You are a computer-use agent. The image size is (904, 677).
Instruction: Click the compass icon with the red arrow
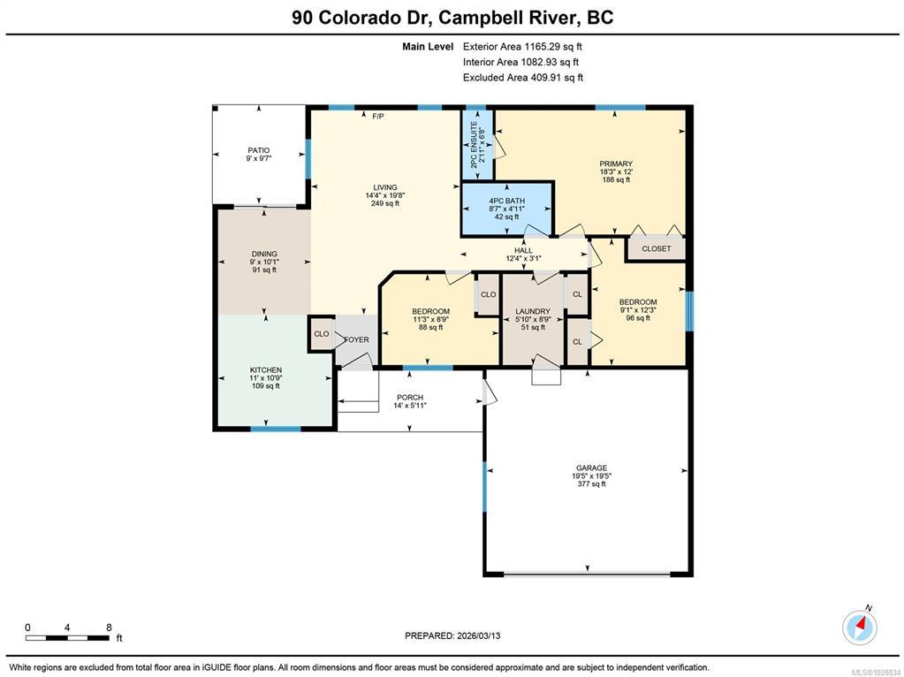point(860,628)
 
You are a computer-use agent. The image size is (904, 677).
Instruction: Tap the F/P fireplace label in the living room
point(378,117)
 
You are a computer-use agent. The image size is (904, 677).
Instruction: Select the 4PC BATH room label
point(506,201)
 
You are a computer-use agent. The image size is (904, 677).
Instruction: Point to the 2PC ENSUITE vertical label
point(474,144)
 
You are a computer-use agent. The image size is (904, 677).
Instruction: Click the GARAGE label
point(591,468)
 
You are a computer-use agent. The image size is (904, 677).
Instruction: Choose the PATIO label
point(259,150)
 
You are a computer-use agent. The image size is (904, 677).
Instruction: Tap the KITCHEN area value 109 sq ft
point(266,386)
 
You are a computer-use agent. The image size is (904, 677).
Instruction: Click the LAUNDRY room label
point(533,311)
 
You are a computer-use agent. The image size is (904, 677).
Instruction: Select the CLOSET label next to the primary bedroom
point(656,248)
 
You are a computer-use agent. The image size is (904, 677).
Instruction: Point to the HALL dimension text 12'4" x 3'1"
point(523,258)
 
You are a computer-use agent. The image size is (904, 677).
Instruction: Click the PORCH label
point(410,398)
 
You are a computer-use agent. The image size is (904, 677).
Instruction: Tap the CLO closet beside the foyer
point(321,334)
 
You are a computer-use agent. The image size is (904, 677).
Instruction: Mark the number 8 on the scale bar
point(109,628)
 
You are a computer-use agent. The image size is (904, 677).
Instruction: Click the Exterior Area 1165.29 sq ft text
point(519,47)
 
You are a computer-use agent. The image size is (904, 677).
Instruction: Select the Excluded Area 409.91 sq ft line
point(523,77)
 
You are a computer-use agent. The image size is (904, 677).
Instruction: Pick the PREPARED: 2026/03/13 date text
point(452,635)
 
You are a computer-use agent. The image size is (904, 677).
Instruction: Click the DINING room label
point(264,254)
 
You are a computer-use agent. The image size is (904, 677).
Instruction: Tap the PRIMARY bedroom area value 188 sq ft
point(616,179)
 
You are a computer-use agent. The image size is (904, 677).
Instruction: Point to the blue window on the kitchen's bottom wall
point(276,429)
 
